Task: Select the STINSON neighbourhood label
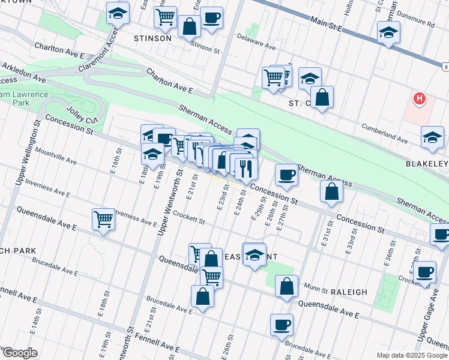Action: [152, 38]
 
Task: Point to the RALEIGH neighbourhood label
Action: [349, 292]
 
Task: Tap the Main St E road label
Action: [326, 25]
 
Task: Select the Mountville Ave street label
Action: [56, 157]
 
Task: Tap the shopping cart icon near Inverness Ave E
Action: [104, 219]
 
